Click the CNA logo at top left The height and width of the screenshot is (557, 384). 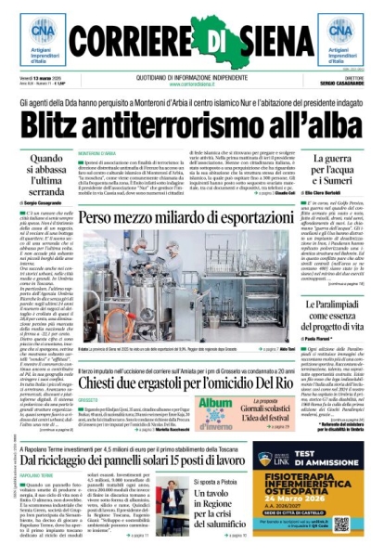(x=34, y=36)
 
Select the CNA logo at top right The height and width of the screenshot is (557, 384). (x=349, y=36)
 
